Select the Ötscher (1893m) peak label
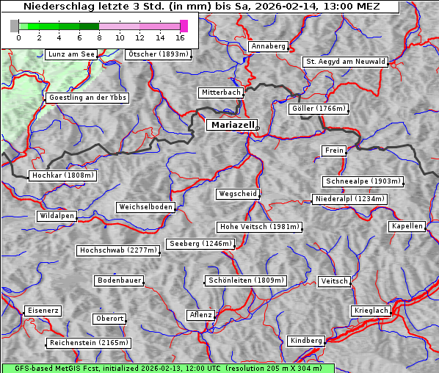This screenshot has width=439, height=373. pyautogui.click(x=159, y=54)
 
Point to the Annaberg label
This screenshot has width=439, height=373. pyautogui.click(x=268, y=46)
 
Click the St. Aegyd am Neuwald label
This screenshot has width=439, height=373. pyautogui.click(x=345, y=62)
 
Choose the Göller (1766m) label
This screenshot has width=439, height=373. pyautogui.click(x=318, y=109)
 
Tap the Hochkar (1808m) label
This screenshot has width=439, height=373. pyautogui.click(x=62, y=175)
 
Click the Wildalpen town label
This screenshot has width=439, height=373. pyautogui.click(x=57, y=216)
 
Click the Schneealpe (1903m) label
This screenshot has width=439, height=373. pyautogui.click(x=363, y=181)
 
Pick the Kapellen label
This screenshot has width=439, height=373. pyautogui.click(x=407, y=226)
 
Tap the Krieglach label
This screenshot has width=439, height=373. pyautogui.click(x=370, y=311)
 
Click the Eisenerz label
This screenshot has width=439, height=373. pyautogui.click(x=42, y=311)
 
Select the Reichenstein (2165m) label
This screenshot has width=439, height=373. pyautogui.click(x=89, y=343)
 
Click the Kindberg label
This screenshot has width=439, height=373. pyautogui.click(x=306, y=341)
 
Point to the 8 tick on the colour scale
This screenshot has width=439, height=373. pyautogui.click(x=99, y=37)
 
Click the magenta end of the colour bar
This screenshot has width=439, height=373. pyautogui.click(x=184, y=26)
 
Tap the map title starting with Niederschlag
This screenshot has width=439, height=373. pyautogui.click(x=201, y=7)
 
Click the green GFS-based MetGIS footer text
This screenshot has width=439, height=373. pyautogui.click(x=167, y=368)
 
